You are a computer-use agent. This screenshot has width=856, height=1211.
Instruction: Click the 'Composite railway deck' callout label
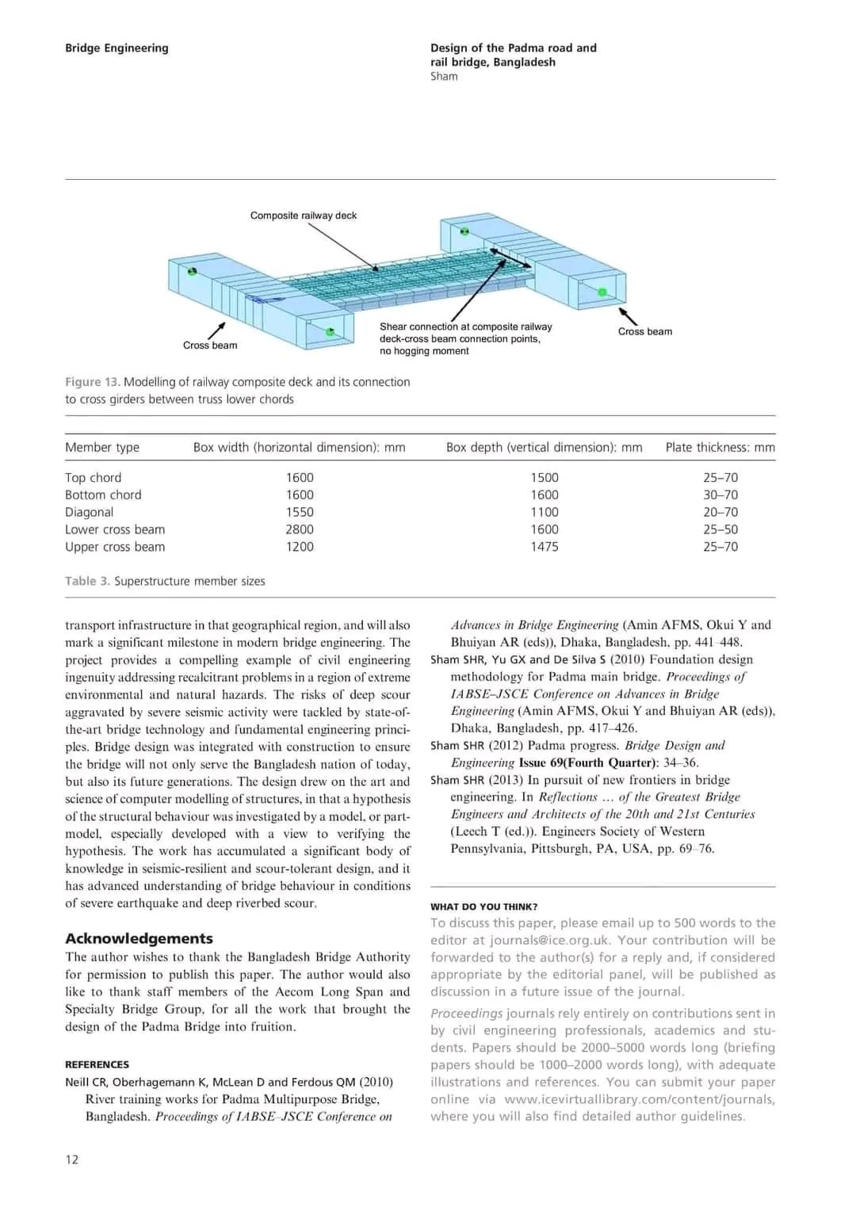coord(304,216)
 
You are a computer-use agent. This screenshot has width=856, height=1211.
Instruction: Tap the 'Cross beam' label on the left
coord(210,346)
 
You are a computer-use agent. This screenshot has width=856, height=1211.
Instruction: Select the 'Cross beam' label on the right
coord(645,332)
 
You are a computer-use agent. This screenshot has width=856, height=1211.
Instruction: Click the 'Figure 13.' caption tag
coord(92,382)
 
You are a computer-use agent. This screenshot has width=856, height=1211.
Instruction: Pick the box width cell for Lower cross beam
coord(300,529)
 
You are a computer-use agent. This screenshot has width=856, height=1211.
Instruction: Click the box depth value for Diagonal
coord(545,512)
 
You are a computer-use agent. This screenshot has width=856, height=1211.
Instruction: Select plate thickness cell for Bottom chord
coord(720,495)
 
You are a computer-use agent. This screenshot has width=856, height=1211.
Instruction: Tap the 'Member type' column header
coord(102,447)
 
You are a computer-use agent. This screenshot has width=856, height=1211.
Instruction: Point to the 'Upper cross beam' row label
coord(115,547)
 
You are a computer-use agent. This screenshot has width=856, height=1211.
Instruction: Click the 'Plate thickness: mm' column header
coord(720,447)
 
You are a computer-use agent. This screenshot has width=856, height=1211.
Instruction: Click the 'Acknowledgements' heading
coord(139,938)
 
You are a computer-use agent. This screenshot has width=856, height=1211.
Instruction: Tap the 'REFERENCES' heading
coord(97,1064)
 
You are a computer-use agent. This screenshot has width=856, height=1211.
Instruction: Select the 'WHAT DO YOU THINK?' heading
coord(484,907)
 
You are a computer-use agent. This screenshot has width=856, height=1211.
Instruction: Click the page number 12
coord(72,1159)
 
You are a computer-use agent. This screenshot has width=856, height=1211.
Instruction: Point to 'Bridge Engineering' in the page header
coord(117,48)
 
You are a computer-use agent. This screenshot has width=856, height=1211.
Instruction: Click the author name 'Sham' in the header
coord(444,77)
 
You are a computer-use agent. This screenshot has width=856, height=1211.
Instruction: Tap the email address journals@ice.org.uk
coord(560,941)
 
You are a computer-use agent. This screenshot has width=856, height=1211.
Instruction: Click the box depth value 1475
coord(545,547)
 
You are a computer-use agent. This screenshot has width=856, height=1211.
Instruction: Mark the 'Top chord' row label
coord(94,478)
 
